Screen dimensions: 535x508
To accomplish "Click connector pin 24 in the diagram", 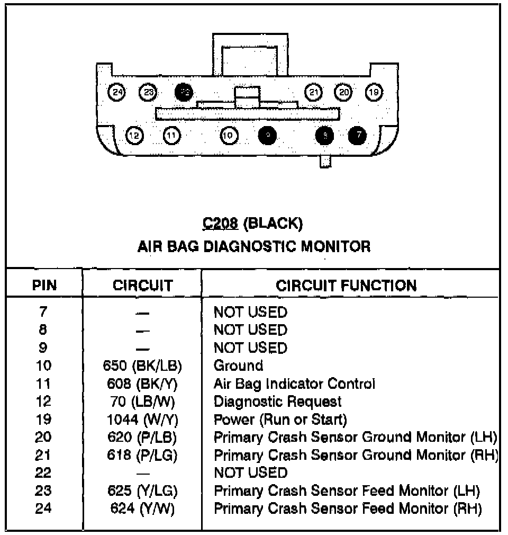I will pos(117,92).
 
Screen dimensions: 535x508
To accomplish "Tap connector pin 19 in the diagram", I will pos(374,92).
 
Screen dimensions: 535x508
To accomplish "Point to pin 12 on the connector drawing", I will pos(135,136).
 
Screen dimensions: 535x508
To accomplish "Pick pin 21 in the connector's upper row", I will pos(314,92).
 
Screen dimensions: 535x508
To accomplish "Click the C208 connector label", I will pos(221,224).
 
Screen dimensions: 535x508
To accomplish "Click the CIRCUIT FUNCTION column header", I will pos(346,286).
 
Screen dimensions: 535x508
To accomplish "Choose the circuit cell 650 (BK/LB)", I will pos(143,365).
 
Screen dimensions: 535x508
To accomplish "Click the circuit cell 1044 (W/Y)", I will pos(143,420).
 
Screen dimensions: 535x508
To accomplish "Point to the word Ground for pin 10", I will pos(238,365).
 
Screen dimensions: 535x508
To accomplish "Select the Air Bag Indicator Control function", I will pos(294,384).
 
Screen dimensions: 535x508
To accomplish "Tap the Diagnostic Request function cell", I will pos(277,402).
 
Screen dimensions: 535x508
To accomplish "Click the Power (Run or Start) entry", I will pos(280,420).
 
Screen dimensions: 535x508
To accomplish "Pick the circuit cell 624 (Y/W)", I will pos(143,509).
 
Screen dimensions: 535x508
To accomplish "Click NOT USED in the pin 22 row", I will pos(250,472).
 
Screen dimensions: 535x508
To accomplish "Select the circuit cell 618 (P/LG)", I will pos(143,455).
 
